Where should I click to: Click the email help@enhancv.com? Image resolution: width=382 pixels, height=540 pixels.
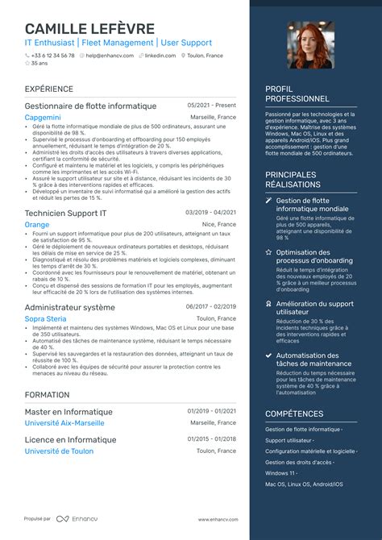110,56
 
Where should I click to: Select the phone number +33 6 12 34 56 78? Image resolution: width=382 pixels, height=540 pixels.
52,56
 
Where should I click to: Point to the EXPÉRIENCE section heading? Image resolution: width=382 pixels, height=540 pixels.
49,89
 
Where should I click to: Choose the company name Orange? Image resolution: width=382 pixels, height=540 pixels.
37,224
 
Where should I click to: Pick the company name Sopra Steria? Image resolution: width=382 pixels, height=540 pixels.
47,319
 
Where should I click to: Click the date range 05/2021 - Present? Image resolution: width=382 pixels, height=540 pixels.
212,106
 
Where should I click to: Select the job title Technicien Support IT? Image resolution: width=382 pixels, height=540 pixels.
65,213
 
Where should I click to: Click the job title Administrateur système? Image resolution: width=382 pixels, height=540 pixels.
70,308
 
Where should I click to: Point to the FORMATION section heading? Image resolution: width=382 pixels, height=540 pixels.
47,395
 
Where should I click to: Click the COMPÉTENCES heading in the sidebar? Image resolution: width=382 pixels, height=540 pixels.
294,413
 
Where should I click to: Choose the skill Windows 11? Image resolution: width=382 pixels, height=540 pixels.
280,473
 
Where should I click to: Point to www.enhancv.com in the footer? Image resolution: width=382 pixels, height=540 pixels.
217,520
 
